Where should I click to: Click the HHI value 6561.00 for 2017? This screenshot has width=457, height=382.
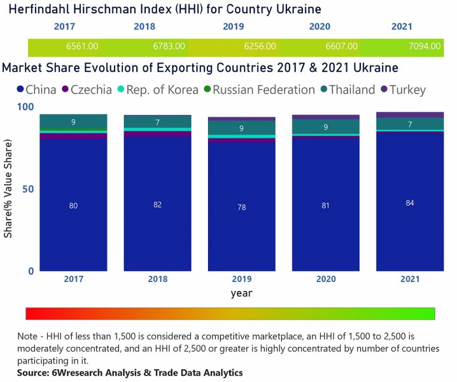coord(82,46)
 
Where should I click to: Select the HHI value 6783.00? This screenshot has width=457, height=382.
coord(169,46)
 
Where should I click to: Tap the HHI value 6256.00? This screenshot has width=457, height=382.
coord(260,46)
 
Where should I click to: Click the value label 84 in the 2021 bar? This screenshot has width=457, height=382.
coord(409,203)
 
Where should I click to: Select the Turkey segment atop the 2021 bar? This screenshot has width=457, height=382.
coord(409,115)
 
